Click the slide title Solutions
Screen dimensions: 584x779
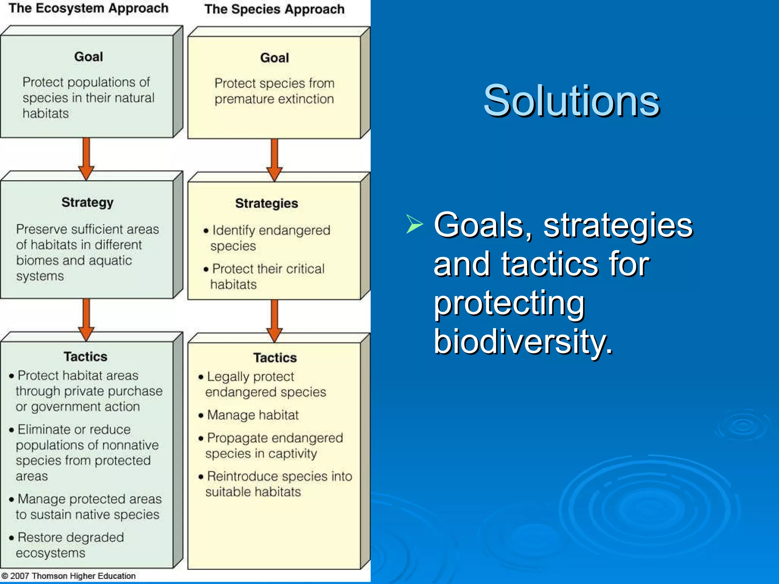571,101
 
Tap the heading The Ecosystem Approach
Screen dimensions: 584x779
88,8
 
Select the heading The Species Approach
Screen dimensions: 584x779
274,9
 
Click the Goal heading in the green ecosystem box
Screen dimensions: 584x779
88,57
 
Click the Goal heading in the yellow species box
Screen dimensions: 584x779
274,58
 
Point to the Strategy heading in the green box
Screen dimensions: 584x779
87,202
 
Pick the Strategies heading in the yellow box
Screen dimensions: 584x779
266,203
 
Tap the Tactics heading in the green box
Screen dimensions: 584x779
85,357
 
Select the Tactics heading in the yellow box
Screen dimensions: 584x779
275,358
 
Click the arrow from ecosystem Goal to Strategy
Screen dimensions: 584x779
86,158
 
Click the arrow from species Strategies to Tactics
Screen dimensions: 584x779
274,319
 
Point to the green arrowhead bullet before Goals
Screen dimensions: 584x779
414,224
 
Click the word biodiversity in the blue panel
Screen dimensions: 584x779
523,341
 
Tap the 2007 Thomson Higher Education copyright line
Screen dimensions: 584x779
68,576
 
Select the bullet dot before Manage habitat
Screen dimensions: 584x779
201,416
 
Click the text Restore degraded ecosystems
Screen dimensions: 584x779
67,545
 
